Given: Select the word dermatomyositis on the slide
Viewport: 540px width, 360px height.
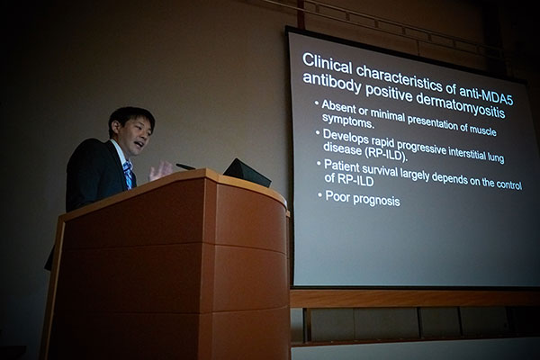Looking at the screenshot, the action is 461,106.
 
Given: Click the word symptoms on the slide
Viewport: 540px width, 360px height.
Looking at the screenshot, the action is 347,121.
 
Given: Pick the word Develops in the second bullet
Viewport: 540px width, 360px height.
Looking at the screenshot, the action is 345,136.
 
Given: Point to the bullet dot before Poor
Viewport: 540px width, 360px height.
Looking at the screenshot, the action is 319,195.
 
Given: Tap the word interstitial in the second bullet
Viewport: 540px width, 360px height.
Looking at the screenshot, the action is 465,153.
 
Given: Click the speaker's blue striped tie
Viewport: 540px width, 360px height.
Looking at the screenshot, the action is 128,175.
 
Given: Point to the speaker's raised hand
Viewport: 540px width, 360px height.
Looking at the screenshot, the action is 159,170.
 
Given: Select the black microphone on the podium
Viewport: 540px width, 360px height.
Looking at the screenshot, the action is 185,166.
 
